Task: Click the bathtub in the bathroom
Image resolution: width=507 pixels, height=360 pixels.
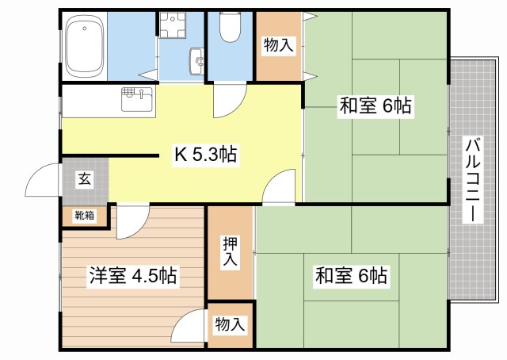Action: tap(85, 45)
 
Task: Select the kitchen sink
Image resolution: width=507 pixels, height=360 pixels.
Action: tap(137, 99)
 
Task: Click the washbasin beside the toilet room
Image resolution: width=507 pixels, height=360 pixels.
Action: tap(197, 61)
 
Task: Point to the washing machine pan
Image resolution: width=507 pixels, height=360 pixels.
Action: tap(172, 25)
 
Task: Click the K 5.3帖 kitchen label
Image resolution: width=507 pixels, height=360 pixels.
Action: tap(206, 155)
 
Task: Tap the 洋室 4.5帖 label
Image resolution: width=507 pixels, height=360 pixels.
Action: tap(133, 275)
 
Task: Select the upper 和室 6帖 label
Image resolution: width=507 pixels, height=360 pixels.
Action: tap(375, 105)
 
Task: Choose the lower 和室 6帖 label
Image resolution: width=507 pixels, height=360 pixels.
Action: tap(351, 275)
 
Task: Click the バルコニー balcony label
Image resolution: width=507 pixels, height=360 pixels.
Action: tap(473, 180)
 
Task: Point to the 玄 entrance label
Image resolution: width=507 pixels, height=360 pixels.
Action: tap(85, 179)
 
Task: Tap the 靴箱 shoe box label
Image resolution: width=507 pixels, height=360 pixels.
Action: tap(85, 215)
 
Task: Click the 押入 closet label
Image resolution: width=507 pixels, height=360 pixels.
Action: tap(230, 251)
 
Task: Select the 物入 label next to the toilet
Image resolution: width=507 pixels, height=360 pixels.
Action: tap(278, 44)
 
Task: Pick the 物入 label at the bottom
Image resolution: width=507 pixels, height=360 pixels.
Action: tap(230, 324)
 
